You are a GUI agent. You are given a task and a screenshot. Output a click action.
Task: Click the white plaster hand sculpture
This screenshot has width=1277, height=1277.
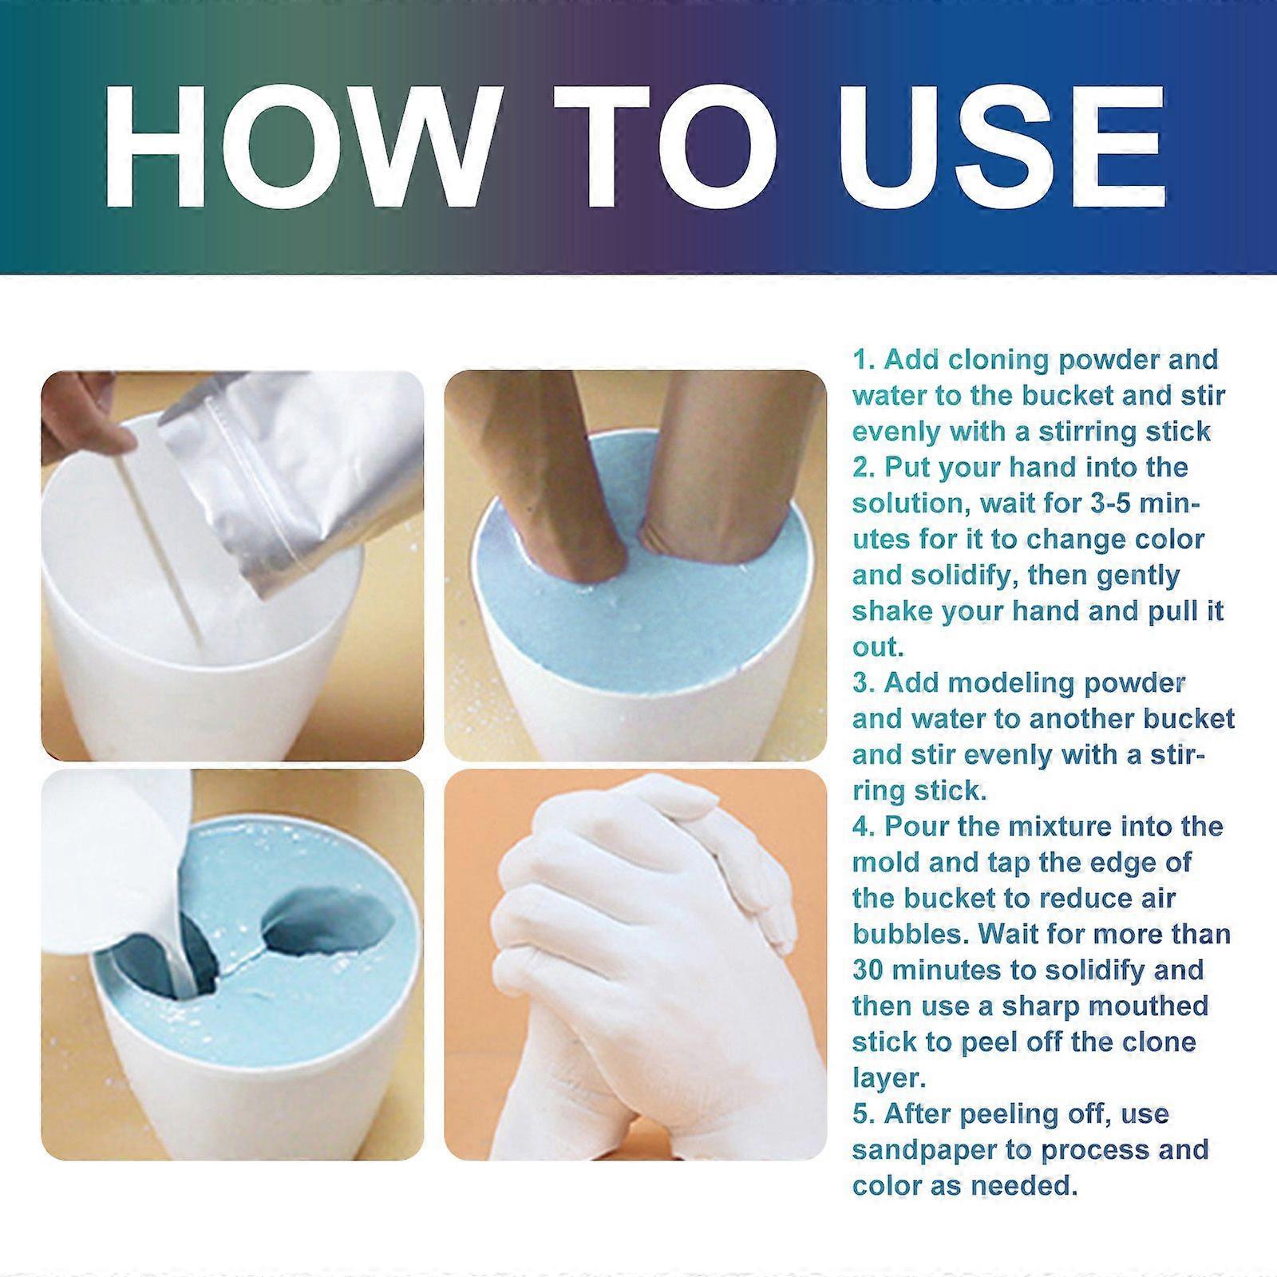click(x=638, y=958)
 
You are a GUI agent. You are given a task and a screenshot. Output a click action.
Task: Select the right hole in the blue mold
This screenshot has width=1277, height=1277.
click(x=327, y=927)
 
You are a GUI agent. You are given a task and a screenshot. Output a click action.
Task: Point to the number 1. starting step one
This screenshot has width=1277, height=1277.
click(x=864, y=360)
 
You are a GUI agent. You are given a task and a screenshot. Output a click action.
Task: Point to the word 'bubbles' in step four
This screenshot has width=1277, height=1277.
click(x=910, y=934)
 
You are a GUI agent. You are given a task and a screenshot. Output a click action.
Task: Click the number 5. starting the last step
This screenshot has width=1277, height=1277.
click(x=864, y=1114)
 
